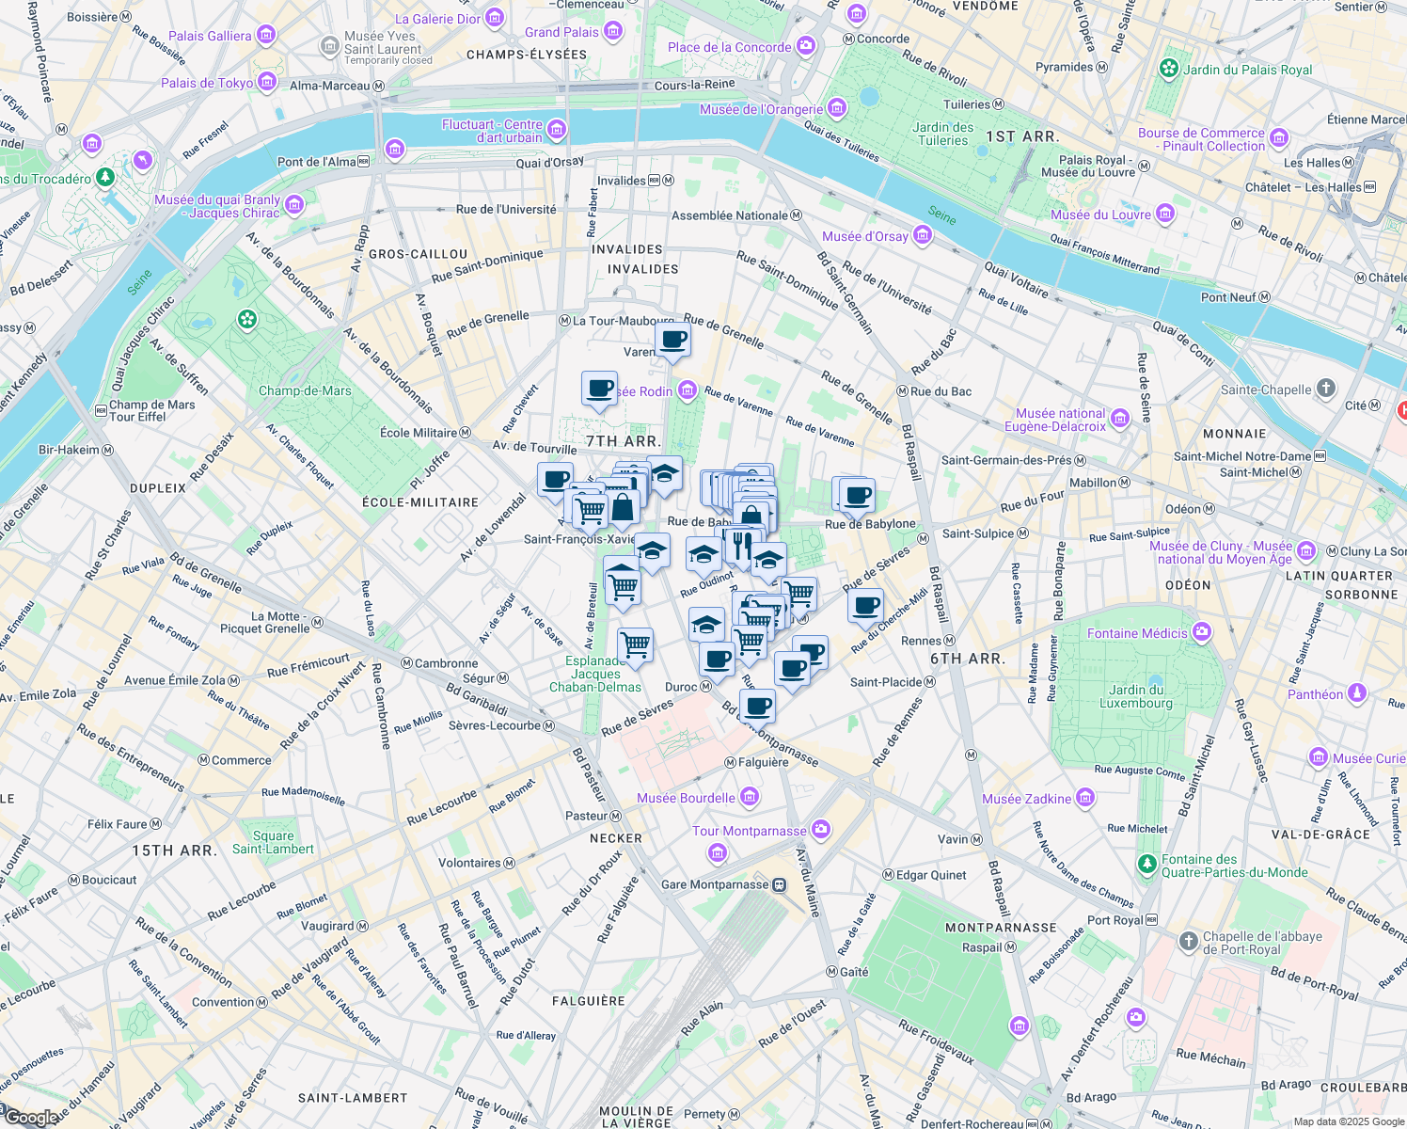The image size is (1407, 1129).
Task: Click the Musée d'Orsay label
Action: [865, 236]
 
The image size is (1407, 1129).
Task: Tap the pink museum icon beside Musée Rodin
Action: [688, 390]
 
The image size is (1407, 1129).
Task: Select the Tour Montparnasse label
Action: [750, 831]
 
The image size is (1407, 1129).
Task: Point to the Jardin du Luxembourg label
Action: [1135, 696]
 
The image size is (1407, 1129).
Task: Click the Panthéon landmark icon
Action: [1356, 694]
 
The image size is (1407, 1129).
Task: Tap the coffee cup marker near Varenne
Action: [672, 340]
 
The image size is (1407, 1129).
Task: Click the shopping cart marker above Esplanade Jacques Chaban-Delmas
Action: [636, 645]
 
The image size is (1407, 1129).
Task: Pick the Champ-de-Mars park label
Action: [305, 390]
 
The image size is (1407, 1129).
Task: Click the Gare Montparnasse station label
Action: [715, 884]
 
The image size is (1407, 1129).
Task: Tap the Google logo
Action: [30, 1118]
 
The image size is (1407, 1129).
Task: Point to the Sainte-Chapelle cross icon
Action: [1325, 389]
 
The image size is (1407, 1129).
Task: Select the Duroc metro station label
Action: [682, 687]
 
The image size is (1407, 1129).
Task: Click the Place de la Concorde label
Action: [730, 47]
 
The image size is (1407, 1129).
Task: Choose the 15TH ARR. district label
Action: [175, 851]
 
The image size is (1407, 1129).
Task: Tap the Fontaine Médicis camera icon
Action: [1201, 632]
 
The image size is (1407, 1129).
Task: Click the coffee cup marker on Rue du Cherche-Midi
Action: [865, 606]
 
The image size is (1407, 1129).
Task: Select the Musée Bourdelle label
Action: [686, 798]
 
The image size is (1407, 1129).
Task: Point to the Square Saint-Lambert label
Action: [273, 842]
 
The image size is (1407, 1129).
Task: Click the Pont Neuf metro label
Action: [1228, 297]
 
